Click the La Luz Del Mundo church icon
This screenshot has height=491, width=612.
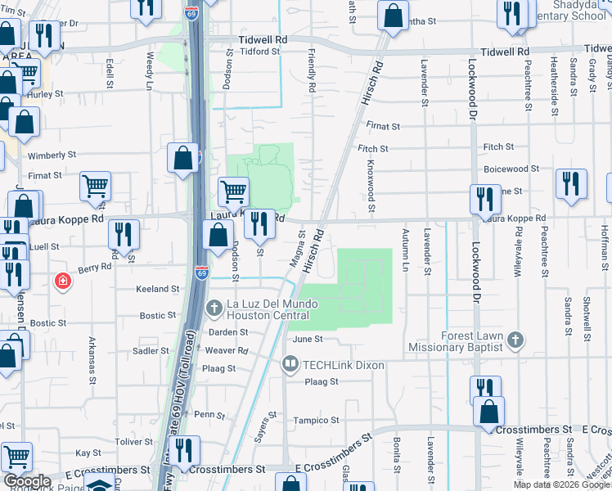pyautogui.click(x=214, y=309)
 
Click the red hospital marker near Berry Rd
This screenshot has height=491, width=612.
pyautogui.click(x=61, y=282)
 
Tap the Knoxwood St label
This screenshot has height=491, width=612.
pyautogui.click(x=371, y=187)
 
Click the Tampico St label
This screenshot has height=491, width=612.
pyautogui.click(x=316, y=420)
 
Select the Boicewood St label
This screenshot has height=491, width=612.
pyautogui.click(x=511, y=169)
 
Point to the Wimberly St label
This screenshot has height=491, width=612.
pyautogui.click(x=52, y=155)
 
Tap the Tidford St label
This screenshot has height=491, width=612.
pyautogui.click(x=260, y=52)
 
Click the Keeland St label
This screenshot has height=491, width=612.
pyautogui.click(x=157, y=289)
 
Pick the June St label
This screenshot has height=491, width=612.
pyautogui.click(x=308, y=338)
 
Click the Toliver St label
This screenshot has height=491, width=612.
pyautogui.click(x=134, y=441)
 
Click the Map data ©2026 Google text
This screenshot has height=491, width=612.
pyautogui.click(x=561, y=484)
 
